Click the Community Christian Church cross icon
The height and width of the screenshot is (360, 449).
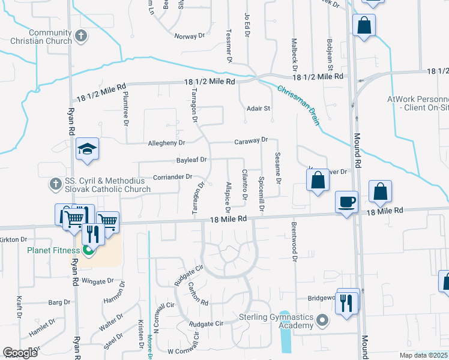[82, 37]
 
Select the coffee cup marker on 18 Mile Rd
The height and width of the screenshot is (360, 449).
[347, 202]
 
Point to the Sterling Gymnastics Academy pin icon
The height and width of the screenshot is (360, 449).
[323, 320]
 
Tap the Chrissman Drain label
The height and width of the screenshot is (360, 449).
[298, 104]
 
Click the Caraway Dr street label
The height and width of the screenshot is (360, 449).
[251, 141]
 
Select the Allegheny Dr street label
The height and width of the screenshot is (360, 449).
[166, 143]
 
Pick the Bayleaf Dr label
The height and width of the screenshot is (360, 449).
[191, 160]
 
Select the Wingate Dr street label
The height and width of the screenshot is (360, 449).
[97, 281]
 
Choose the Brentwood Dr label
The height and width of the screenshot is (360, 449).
[295, 242]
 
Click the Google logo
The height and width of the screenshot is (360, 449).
[20, 352]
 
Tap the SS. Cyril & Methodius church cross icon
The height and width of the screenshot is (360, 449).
[55, 183]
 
